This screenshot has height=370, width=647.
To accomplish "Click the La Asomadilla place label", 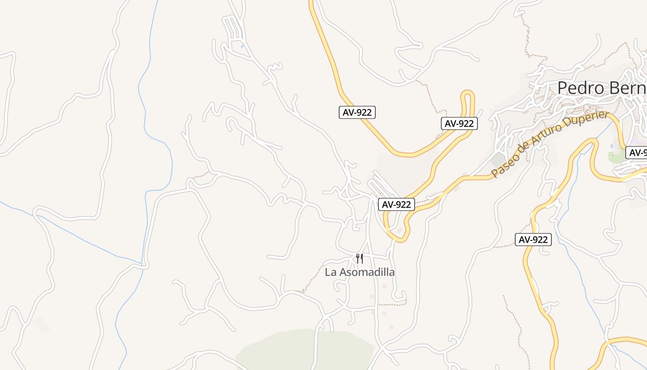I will tap(360, 272).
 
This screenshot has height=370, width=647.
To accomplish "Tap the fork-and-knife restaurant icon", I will tap(360, 259).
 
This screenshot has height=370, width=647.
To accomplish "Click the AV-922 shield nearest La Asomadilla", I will tap(397, 204).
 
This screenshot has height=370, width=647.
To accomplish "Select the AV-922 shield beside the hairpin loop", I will tap(459, 123).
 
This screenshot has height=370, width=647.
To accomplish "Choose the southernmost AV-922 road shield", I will tap(533, 240).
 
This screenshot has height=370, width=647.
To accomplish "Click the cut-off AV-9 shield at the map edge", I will tap(637, 153).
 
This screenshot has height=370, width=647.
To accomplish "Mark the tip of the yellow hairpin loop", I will tap(468, 93).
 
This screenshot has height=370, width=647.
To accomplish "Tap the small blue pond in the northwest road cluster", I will tap(242, 46).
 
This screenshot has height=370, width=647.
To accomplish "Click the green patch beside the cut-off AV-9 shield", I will tap(617, 157).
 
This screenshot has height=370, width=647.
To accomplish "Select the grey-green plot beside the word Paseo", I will tap(498, 160).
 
